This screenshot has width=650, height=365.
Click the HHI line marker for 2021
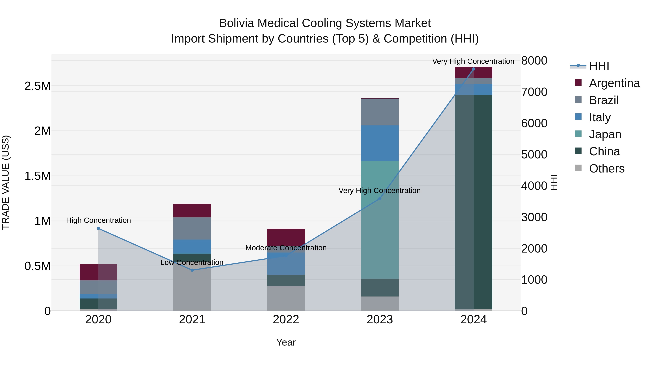click(x=192, y=270)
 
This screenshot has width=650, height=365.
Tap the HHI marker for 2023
click(x=380, y=199)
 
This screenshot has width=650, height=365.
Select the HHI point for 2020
click(x=98, y=229)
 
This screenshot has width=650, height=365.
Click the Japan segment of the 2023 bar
click(x=380, y=219)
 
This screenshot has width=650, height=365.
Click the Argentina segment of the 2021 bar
click(x=192, y=210)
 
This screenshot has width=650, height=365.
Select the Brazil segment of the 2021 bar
click(x=192, y=228)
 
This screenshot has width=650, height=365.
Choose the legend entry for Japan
click(x=605, y=134)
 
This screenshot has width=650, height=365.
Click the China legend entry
click(x=604, y=151)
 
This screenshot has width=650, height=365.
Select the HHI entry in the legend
click(x=599, y=66)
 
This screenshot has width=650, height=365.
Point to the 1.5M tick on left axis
click(x=37, y=176)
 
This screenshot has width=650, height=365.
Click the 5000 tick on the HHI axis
click(x=534, y=154)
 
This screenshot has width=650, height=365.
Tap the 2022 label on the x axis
click(x=286, y=319)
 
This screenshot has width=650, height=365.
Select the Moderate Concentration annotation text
click(x=286, y=248)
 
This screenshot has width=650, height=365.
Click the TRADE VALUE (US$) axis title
click(x=6, y=182)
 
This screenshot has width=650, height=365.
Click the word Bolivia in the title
click(x=236, y=23)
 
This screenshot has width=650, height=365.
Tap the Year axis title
click(x=286, y=342)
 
